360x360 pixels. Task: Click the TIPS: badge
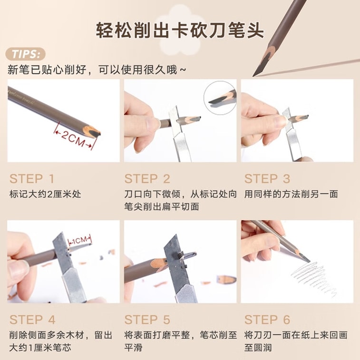pos(25,54)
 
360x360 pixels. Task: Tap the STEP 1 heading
pos(32,179)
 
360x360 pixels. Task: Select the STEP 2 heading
pos(147,179)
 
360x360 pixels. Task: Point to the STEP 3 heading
pos(267,179)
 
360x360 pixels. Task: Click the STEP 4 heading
pos(32,320)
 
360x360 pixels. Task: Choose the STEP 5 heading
pos(147,320)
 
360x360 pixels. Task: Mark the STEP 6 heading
pos(267,320)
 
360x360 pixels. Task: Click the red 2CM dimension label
pos(73,138)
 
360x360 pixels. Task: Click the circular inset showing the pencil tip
pos(220,97)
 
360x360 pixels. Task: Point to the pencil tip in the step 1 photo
pos(95,133)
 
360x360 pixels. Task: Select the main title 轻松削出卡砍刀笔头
pos(180,30)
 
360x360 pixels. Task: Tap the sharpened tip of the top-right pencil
pos(254,75)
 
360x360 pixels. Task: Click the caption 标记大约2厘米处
pos(45,194)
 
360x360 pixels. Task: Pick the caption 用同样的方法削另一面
pos(291,194)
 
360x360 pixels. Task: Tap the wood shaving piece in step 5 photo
pos(226,279)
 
